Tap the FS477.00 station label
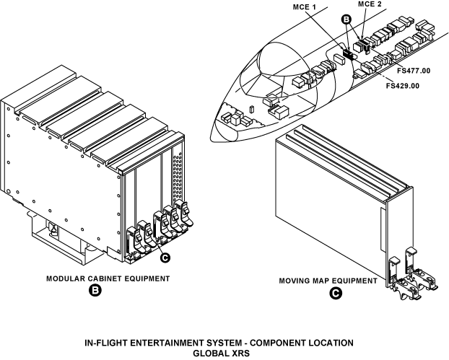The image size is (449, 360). (x=413, y=71)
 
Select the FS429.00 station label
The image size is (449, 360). (x=403, y=85)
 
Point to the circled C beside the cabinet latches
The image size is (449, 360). (x=165, y=257)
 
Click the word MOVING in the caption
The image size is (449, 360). (x=297, y=280)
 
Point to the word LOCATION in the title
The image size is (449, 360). (x=328, y=341)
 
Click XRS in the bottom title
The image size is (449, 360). (x=238, y=353)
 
